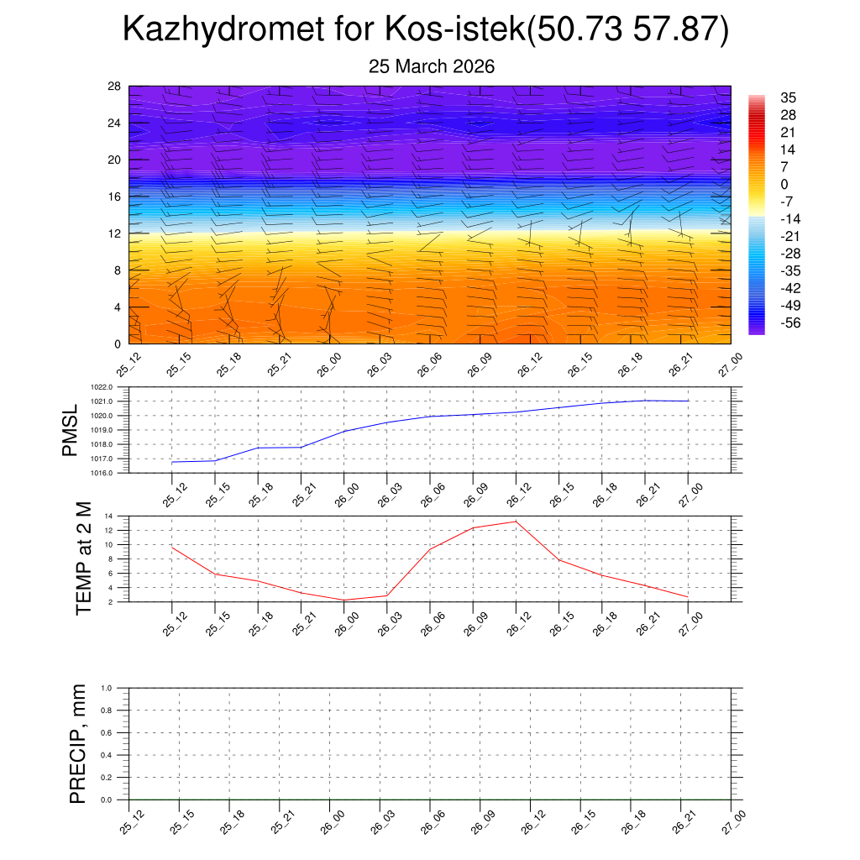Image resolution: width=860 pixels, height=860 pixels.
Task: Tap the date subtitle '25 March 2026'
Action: pos(432,67)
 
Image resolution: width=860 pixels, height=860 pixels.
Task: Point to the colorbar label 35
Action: pos(788,97)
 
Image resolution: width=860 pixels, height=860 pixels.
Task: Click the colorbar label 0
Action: pos(784,184)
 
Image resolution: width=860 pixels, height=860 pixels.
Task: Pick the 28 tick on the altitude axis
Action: pos(115,87)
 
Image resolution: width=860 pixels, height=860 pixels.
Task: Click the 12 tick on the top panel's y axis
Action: pos(115,233)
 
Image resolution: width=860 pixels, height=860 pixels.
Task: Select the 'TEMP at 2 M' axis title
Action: pos(83,558)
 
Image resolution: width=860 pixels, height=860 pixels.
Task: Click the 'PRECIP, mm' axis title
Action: pos(77,744)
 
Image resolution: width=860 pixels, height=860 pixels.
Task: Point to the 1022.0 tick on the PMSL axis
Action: pos(113,387)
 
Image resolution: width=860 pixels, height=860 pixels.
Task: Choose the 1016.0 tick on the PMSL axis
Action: pos(113,473)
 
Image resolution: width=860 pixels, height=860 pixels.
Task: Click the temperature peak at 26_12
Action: pos(516,522)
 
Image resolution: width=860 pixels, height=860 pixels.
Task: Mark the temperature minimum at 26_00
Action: pos(343,600)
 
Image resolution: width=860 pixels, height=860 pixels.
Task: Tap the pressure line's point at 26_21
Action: pos(645,401)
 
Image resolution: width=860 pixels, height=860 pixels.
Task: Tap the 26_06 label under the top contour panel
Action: pos(427,366)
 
